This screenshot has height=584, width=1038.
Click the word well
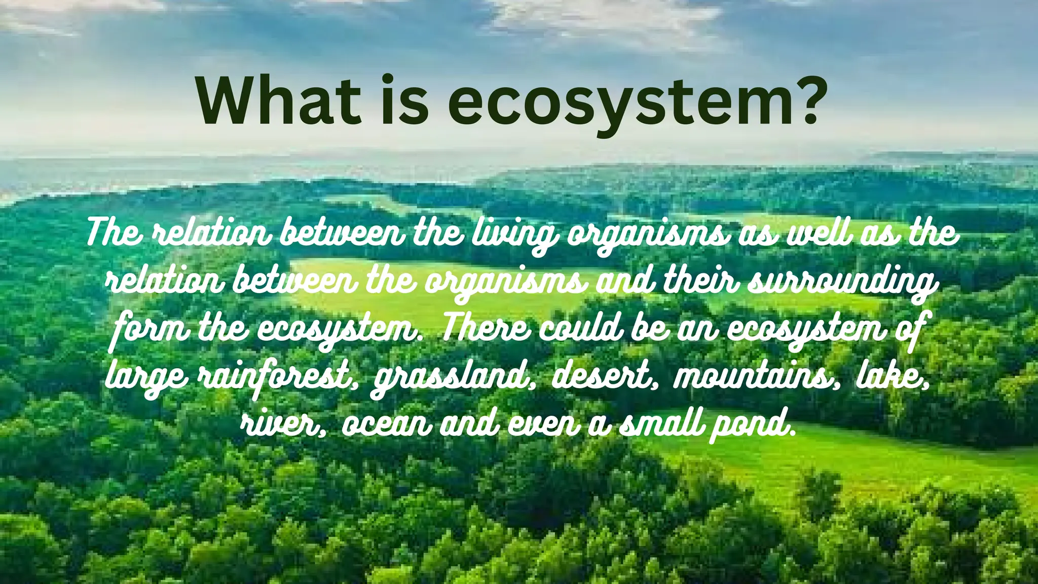click(819, 234)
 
